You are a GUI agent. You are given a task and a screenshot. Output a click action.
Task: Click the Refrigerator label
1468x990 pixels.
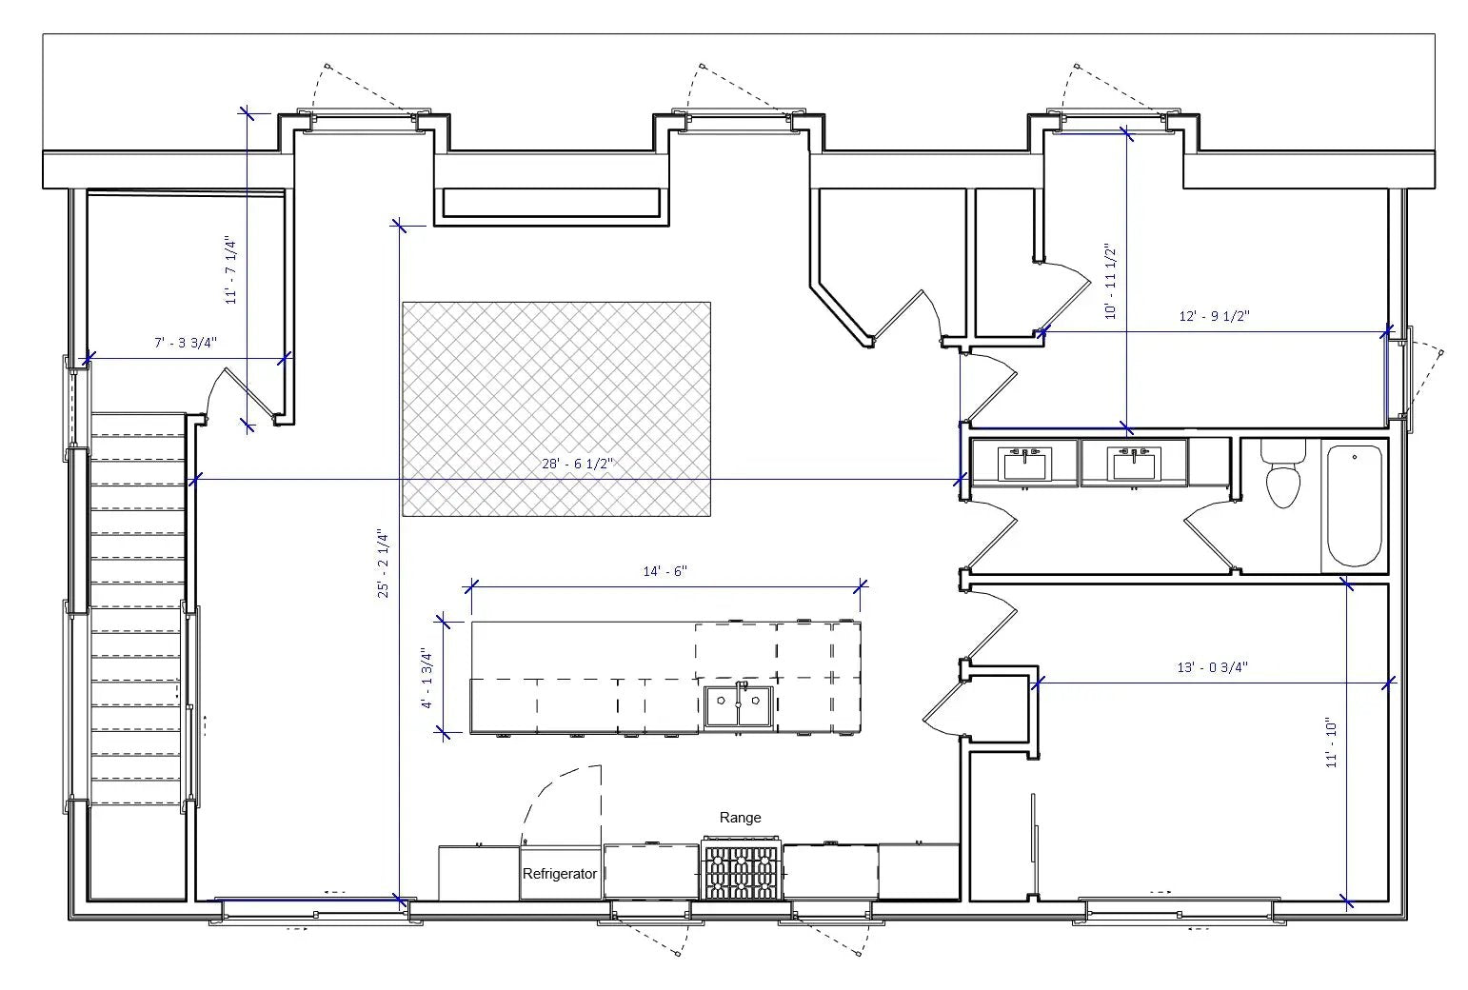click(560, 873)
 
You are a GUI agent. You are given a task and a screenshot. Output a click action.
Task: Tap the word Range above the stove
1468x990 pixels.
click(740, 818)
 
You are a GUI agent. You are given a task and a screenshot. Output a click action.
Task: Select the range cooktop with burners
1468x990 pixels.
click(742, 869)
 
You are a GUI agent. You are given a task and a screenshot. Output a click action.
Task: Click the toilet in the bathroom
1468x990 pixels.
click(1283, 476)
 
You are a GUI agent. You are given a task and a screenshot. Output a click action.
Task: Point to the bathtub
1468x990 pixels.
click(1354, 505)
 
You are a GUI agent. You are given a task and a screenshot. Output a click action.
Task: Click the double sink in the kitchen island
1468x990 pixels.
click(739, 705)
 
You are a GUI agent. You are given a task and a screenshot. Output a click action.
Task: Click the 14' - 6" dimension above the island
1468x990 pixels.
click(665, 572)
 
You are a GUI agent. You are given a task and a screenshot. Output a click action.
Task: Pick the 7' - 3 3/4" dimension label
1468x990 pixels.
click(187, 343)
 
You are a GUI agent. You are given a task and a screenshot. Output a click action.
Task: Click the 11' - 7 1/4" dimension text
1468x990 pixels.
click(231, 270)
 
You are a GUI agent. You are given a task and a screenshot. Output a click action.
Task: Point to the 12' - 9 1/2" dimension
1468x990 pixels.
click(1214, 317)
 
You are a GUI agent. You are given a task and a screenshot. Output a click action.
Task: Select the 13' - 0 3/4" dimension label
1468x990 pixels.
click(1212, 668)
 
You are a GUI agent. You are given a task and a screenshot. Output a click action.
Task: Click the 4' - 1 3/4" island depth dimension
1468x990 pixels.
click(429, 678)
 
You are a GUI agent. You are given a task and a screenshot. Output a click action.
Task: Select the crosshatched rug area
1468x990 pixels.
click(556, 409)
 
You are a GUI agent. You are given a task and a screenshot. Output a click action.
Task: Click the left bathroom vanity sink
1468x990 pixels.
click(1024, 464)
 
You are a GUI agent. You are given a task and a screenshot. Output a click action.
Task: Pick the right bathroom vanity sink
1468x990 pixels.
click(1133, 464)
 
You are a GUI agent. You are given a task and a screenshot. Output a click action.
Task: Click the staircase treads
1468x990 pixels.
click(138, 609)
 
